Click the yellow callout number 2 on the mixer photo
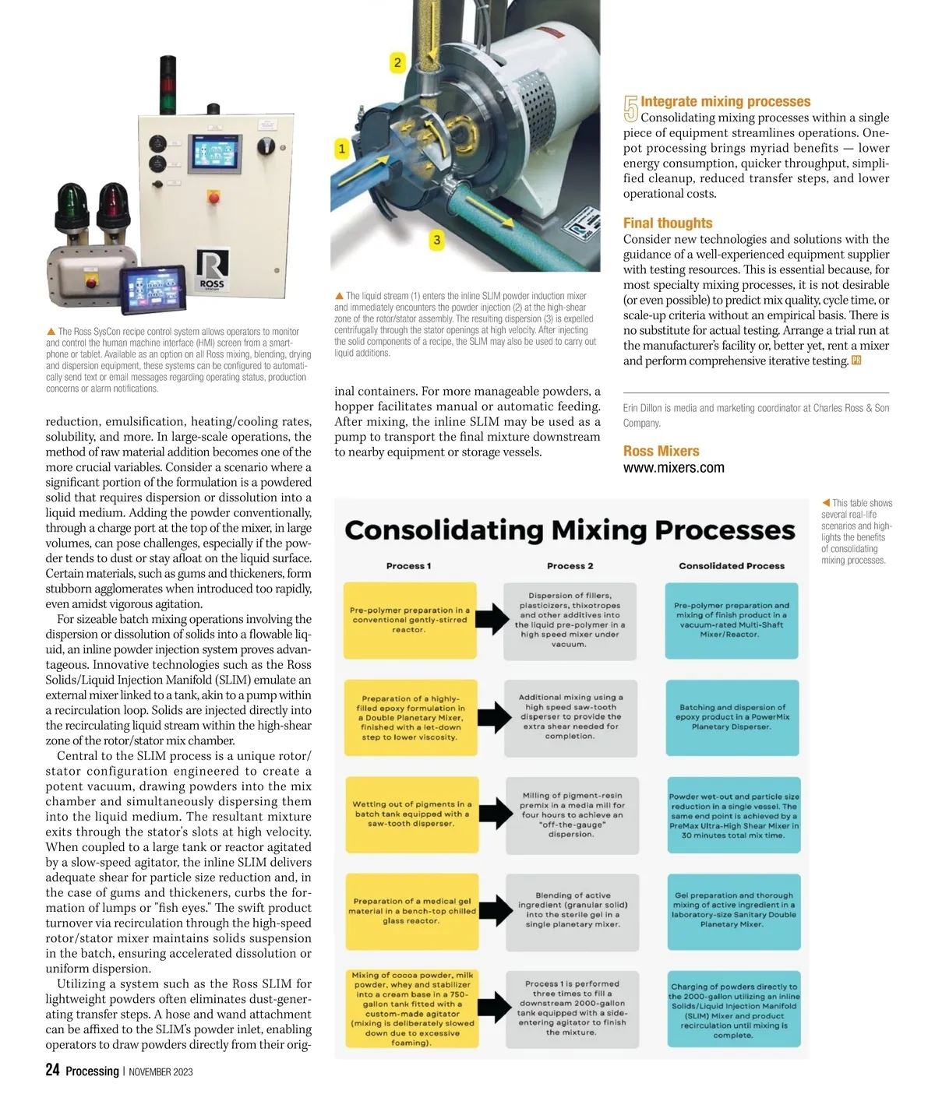pos(397,62)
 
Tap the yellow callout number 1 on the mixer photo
pos(341,148)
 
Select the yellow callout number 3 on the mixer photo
pos(436,240)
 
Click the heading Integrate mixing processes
pos(725,101)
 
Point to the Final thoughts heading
pos(668,223)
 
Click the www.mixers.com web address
pos(674,468)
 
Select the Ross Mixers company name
pos(661,451)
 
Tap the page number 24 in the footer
pos(52,1070)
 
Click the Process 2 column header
pos(570,566)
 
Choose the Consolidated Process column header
pos(732,566)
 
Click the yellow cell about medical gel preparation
pos(411,911)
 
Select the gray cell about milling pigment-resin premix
pos(572,814)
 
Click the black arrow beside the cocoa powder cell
pos(493,1007)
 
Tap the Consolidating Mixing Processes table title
pos(570,530)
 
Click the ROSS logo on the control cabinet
pos(212,269)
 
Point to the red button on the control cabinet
pos(213,198)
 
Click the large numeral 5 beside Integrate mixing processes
pos(630,109)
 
